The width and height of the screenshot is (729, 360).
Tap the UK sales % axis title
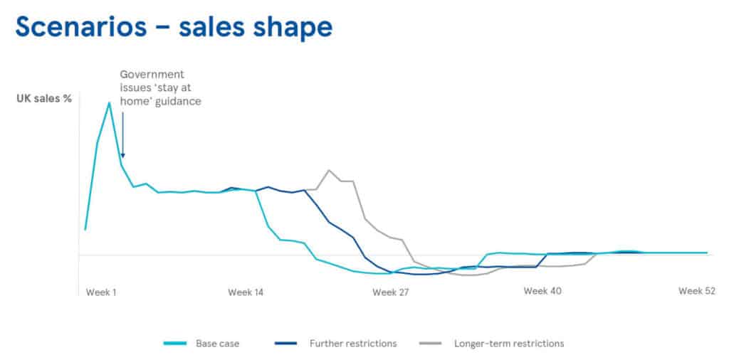tap(44, 99)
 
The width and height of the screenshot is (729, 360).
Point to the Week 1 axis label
tap(101, 292)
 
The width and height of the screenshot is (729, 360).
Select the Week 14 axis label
tap(246, 292)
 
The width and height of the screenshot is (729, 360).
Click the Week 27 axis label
tap(391, 292)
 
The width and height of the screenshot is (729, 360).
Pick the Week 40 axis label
tap(542, 291)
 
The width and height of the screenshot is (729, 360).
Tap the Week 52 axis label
tap(696, 291)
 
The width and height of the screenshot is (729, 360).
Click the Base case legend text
tap(218, 344)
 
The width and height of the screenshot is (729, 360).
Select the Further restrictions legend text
tap(352, 344)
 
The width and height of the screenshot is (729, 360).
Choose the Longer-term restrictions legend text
tap(509, 344)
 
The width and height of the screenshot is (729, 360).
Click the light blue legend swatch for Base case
tap(174, 344)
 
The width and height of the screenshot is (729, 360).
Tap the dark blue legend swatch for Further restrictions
tap(285, 344)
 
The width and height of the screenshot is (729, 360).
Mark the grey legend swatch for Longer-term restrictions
tap(432, 344)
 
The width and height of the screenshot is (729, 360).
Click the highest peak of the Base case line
tap(109, 102)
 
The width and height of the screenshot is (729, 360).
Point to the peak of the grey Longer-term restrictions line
tap(328, 170)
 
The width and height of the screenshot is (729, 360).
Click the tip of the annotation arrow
tap(122, 157)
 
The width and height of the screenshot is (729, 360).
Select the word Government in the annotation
tap(152, 74)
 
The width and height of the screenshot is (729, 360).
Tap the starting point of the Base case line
tap(85, 230)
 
